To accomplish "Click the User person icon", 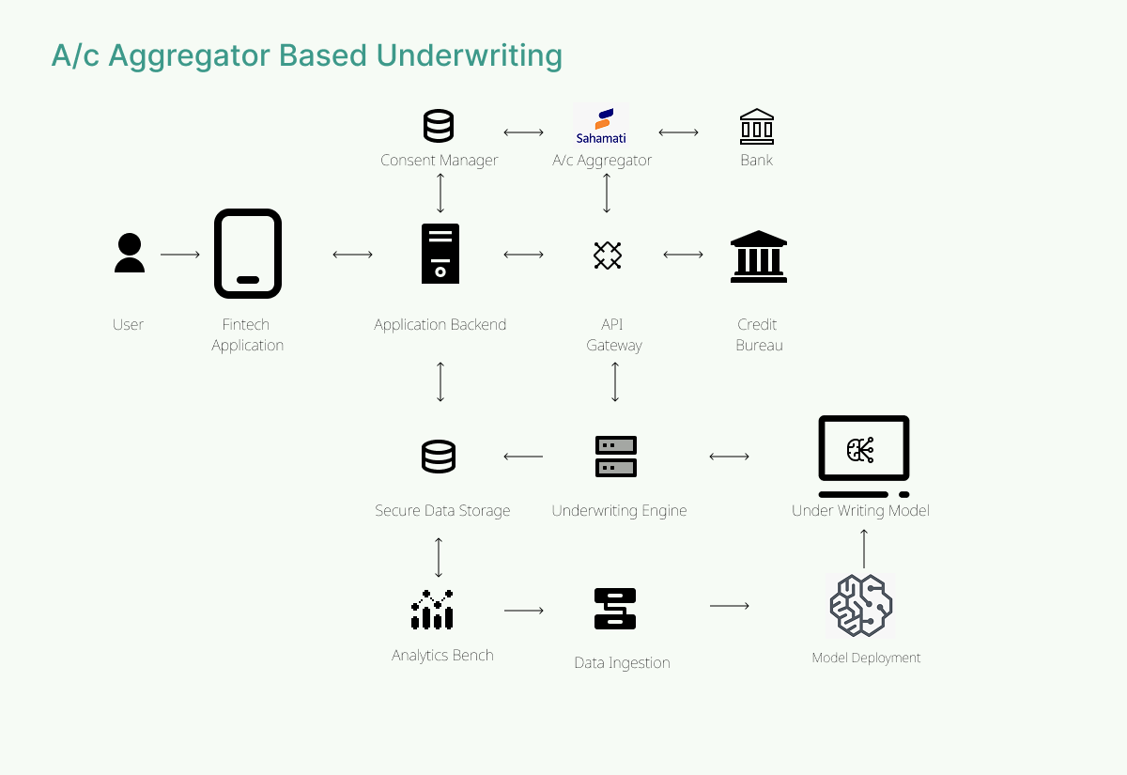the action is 130,254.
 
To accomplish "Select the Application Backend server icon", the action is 440,254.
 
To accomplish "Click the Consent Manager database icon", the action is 439,126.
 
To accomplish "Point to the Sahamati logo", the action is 601,126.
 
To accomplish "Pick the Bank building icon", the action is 756,126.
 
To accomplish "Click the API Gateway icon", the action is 608,255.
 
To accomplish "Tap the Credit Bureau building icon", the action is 759,256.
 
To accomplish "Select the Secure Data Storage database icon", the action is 439,457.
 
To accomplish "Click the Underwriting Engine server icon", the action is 616,457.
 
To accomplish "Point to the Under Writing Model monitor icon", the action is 864,456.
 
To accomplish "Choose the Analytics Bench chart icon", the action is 432,610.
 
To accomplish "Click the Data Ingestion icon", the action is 616,609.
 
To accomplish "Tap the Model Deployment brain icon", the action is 861,606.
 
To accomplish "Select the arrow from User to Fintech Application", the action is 180,255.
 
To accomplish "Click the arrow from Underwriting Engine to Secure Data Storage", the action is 523,457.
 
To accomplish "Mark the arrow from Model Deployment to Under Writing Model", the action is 864,548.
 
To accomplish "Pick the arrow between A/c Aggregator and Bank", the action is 678,132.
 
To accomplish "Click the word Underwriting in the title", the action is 469,55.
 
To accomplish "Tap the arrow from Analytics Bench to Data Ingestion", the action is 524,611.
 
